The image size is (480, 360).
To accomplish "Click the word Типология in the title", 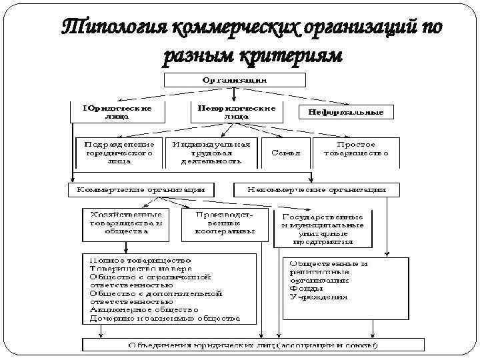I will [113, 29].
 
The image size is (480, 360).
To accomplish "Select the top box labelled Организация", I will [235, 80].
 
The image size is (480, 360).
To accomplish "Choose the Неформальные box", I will [346, 112].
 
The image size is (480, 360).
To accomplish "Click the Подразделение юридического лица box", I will [119, 152].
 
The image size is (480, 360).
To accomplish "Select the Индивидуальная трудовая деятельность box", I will [211, 152].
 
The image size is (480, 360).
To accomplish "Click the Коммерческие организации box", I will [142, 190].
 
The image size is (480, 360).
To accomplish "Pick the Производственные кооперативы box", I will [224, 224].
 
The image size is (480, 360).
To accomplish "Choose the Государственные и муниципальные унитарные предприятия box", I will [323, 229].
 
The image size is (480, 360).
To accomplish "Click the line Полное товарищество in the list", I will [141, 259].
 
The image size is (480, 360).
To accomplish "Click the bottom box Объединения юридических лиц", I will [253, 345].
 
